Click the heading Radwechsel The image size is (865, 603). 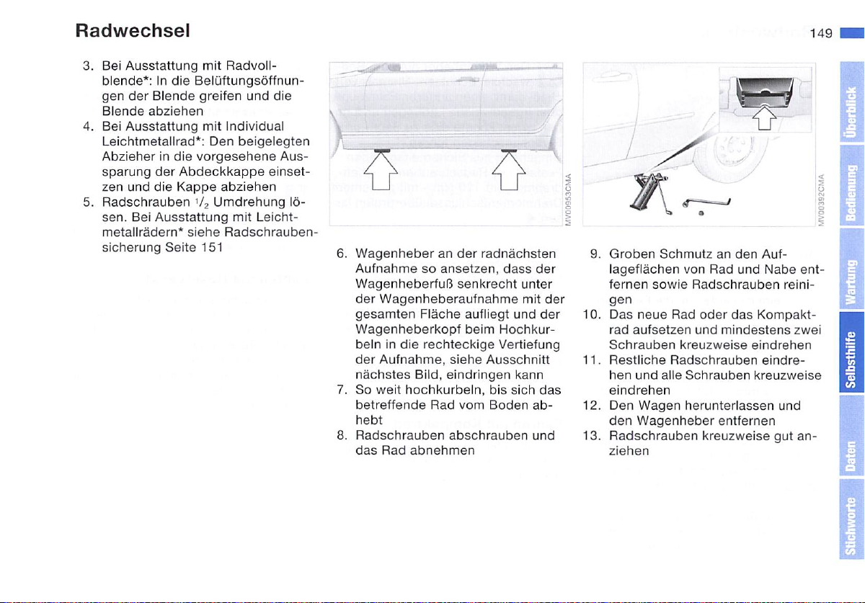pyautogui.click(x=132, y=32)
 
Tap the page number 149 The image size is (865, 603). pyautogui.click(x=820, y=33)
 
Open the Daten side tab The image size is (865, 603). pyautogui.click(x=851, y=459)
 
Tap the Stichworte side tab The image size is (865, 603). pyautogui.click(x=851, y=530)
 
